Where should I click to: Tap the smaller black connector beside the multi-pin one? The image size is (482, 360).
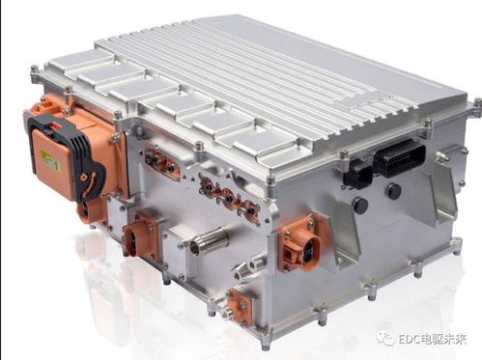358,175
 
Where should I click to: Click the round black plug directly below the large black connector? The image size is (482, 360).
393,192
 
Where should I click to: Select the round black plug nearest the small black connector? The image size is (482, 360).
360,204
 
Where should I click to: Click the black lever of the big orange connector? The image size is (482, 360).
87,161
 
